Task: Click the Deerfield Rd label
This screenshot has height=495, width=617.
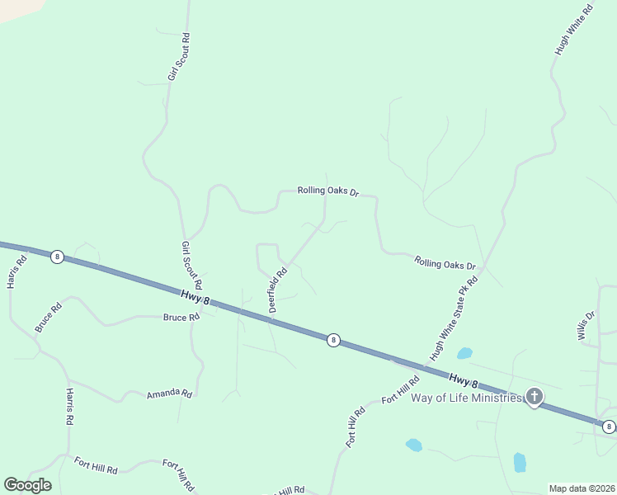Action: click(x=277, y=289)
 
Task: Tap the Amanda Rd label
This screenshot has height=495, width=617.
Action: click(x=169, y=394)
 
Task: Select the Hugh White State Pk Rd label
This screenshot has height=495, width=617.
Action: click(x=454, y=318)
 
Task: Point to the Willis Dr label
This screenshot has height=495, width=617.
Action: click(x=586, y=325)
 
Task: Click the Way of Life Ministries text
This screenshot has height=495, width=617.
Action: click(x=467, y=398)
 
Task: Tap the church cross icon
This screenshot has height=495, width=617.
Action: click(x=535, y=398)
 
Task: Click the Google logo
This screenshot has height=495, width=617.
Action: click(x=27, y=485)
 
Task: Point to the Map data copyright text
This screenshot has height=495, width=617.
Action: click(x=582, y=488)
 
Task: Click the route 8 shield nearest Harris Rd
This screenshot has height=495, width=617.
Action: click(x=56, y=257)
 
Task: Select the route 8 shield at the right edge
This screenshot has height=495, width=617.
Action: click(x=608, y=427)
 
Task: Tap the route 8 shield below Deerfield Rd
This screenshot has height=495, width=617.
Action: click(x=332, y=340)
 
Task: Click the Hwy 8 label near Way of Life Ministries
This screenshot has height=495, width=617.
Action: click(x=464, y=381)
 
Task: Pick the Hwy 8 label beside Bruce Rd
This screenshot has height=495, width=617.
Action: click(x=195, y=296)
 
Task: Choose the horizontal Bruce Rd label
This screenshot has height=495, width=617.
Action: click(x=181, y=317)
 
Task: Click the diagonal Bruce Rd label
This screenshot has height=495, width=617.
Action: click(x=49, y=318)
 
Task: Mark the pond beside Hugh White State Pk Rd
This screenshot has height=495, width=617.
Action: click(x=464, y=353)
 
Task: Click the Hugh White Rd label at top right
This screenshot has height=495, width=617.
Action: click(x=574, y=31)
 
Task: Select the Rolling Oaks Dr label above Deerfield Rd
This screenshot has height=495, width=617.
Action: click(x=328, y=191)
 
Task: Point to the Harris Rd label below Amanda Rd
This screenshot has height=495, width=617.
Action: click(x=70, y=406)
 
